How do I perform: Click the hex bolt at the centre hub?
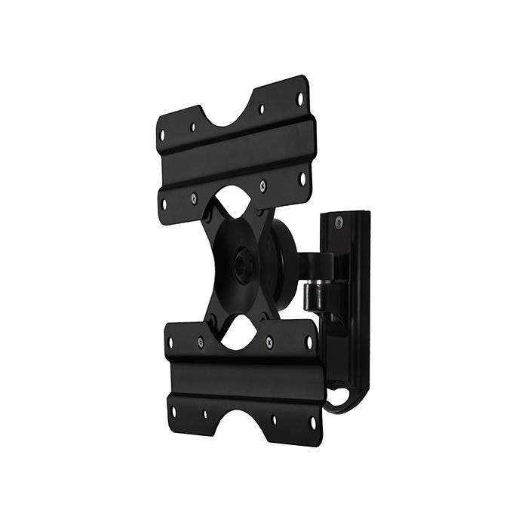tap(241, 265)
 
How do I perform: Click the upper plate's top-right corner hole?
tap(300, 97)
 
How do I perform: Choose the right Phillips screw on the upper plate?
tap(262, 183)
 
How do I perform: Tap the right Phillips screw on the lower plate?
tap(269, 340)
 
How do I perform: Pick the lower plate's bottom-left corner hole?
tap(173, 412)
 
